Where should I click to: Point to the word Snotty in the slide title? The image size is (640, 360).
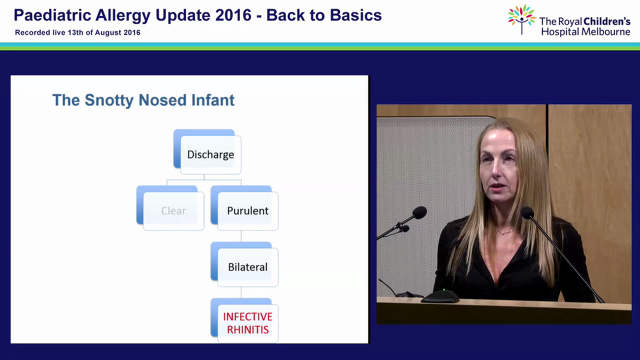[109, 100]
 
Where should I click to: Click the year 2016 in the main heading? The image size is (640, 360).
[233, 15]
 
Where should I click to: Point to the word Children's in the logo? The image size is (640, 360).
[606, 21]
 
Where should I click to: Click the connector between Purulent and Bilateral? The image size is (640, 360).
[241, 236]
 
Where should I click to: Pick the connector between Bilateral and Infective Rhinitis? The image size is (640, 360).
[241, 292]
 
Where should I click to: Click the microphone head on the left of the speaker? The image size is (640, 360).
[419, 213]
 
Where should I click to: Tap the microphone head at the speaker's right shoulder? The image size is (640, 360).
[527, 213]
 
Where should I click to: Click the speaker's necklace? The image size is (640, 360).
[505, 231]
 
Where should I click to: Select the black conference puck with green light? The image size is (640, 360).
[440, 296]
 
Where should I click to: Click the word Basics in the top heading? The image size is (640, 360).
[355, 15]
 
